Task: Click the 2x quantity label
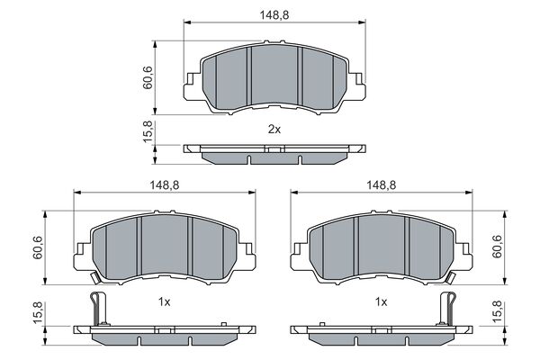pos(274,130)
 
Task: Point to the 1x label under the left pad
pos(164,303)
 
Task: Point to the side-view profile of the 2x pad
pos(274,154)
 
